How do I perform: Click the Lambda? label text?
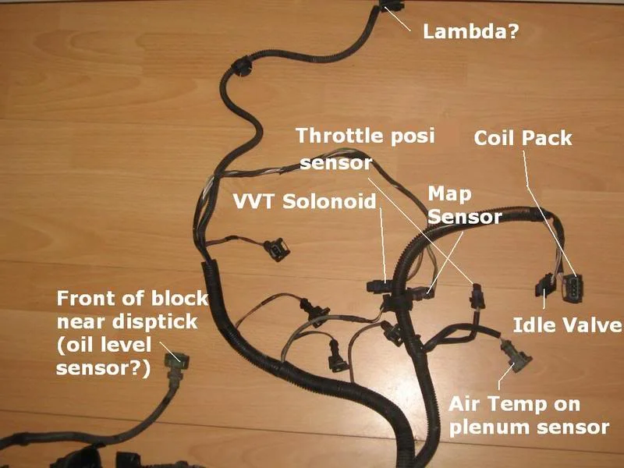point(471,31)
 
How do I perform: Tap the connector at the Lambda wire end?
point(392,5)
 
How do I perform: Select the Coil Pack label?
point(523,138)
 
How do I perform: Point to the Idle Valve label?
point(568,324)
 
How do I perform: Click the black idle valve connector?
point(544,286)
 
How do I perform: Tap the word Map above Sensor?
point(449,195)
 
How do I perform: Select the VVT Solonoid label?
point(304,201)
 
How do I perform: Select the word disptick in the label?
point(154,322)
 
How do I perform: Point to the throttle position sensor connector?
point(477,297)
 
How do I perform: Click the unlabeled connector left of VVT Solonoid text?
point(277,250)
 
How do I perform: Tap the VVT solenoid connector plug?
point(378,285)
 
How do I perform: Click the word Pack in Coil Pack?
point(548,138)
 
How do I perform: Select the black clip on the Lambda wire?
point(240,67)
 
